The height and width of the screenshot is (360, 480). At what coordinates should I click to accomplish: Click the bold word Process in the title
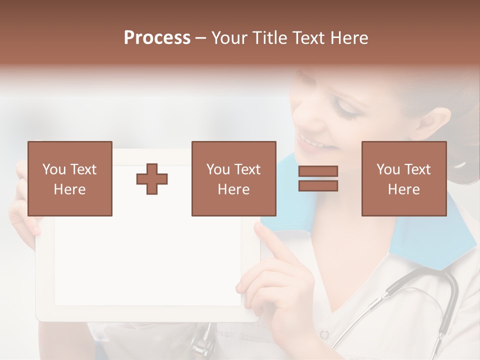point(157,38)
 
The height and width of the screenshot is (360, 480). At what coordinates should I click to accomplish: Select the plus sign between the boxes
point(152,178)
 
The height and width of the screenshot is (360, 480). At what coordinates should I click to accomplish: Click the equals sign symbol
point(318,178)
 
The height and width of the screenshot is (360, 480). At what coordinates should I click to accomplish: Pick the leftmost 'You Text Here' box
point(70,178)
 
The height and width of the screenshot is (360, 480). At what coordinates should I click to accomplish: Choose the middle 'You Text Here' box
point(233,178)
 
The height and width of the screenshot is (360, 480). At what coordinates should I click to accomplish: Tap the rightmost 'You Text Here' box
point(403,178)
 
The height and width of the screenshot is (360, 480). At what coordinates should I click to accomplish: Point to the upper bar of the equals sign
point(318,171)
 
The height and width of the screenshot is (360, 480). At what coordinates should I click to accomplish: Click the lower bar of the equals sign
point(318,185)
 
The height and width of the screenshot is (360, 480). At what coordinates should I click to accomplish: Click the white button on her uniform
point(324,334)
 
